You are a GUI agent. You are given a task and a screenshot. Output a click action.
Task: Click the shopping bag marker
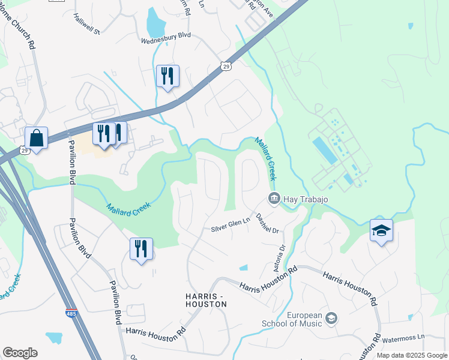37,138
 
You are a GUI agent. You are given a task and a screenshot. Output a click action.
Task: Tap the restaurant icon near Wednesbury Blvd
167,76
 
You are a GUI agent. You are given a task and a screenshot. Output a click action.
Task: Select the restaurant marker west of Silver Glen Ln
141,249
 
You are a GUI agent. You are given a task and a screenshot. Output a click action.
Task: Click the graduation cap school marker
381,231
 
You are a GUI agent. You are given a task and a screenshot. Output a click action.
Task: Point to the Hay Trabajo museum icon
274,198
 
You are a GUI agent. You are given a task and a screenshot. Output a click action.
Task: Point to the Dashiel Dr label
268,223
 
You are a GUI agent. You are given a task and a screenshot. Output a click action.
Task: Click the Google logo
20,353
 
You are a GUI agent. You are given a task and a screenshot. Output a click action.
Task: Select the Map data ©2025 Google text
411,355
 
